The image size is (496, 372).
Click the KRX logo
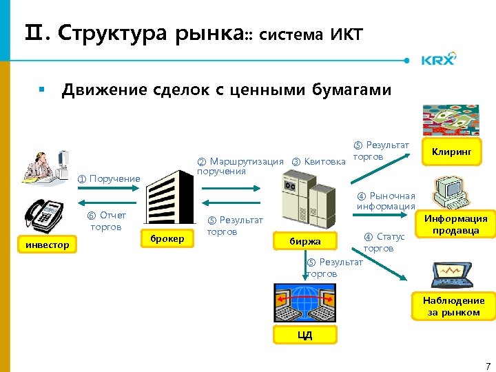pyautogui.click(x=439, y=60)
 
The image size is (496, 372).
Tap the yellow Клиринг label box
pyautogui.click(x=451, y=151)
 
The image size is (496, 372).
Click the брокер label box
pyautogui.click(x=167, y=238)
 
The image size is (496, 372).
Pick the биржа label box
pyautogui.click(x=305, y=241)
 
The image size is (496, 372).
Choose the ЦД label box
pyautogui.click(x=304, y=335)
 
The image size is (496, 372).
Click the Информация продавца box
pyautogui.click(x=455, y=225)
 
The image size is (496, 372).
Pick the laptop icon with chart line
pyautogui.click(x=451, y=275)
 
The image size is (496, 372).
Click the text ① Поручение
pyautogui.click(x=108, y=179)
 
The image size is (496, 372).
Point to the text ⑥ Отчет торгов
pyautogui.click(x=106, y=221)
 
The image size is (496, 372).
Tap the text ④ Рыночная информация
pyautogui.click(x=386, y=200)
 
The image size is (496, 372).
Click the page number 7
pyautogui.click(x=487, y=364)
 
